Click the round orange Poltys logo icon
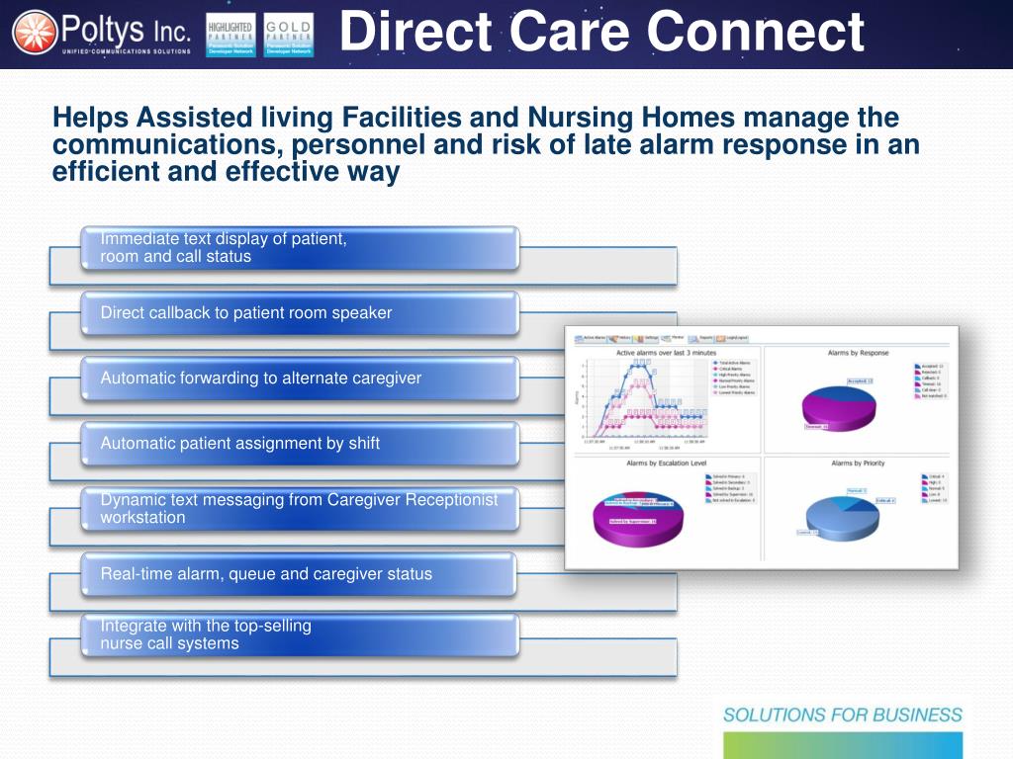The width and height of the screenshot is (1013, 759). click(35, 34)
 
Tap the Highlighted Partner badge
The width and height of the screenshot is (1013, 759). click(230, 35)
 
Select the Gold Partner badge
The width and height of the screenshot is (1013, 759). click(289, 35)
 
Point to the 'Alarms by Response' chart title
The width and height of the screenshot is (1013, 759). click(858, 353)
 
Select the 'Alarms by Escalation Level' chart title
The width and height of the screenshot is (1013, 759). click(667, 463)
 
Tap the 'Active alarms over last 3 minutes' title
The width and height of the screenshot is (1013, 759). click(667, 353)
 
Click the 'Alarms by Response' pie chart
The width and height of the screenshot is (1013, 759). click(841, 405)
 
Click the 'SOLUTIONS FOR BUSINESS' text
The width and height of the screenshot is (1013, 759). click(842, 715)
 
